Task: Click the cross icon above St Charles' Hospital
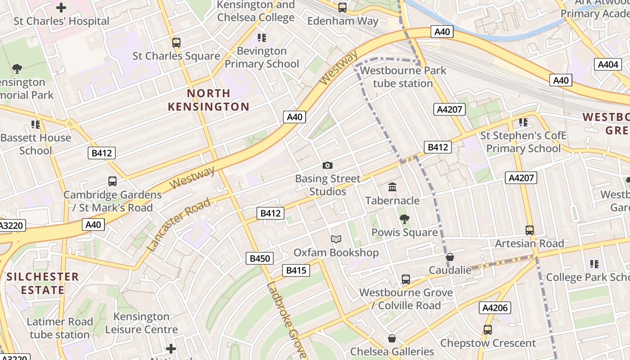(x=61, y=8)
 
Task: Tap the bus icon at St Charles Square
(x=176, y=43)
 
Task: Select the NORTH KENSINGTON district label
(x=208, y=100)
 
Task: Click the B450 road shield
(x=260, y=258)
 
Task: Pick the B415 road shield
(x=296, y=270)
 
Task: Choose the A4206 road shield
(x=495, y=308)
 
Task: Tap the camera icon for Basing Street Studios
(x=328, y=166)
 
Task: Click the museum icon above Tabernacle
(x=392, y=187)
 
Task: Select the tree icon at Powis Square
(x=405, y=219)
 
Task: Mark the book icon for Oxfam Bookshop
(x=336, y=239)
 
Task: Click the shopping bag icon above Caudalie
(x=450, y=257)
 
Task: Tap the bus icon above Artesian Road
(x=530, y=230)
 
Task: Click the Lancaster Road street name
(x=179, y=224)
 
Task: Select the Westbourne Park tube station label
(x=403, y=77)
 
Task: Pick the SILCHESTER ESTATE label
(x=42, y=283)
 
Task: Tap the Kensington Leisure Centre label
(x=141, y=323)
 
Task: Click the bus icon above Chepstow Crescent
(x=488, y=330)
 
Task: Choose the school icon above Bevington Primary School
(x=261, y=37)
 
